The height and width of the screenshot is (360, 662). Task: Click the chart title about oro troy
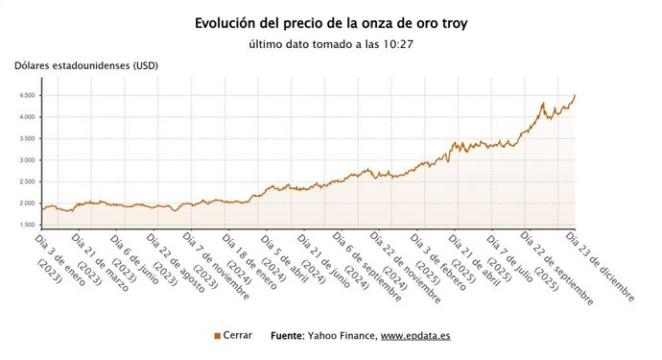[331, 22]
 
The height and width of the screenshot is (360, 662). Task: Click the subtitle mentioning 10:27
[331, 44]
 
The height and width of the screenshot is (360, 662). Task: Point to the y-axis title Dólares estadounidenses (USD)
[85, 65]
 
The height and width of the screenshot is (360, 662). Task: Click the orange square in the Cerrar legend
[217, 336]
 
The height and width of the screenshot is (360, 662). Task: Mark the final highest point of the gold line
[575, 95]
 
